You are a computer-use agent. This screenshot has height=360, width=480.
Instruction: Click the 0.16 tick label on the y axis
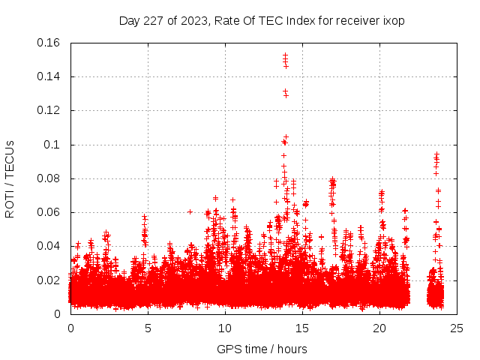(49, 43)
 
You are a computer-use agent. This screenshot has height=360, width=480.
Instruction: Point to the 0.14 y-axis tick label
(49, 76)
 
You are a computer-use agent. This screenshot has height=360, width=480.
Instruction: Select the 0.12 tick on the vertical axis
(49, 110)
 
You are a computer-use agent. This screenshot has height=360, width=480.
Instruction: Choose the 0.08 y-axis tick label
(49, 178)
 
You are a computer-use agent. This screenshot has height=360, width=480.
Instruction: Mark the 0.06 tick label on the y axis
(49, 212)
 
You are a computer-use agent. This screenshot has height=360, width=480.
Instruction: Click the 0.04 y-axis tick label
(49, 246)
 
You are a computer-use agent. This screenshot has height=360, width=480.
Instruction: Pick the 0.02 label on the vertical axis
(49, 280)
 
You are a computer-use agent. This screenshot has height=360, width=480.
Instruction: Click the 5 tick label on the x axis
(148, 328)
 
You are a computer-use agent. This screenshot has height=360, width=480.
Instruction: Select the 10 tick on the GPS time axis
(225, 328)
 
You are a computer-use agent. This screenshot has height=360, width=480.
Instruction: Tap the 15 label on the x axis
(302, 328)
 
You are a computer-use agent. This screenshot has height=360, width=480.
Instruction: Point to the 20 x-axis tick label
(379, 328)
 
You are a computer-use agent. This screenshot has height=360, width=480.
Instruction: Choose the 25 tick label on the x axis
(457, 328)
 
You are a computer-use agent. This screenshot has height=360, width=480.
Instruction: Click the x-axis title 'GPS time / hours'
(262, 349)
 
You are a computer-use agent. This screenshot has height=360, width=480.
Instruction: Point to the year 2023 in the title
(193, 21)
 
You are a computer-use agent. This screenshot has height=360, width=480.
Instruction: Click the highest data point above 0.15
(285, 55)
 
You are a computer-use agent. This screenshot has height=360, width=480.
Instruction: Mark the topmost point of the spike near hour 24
(436, 154)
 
